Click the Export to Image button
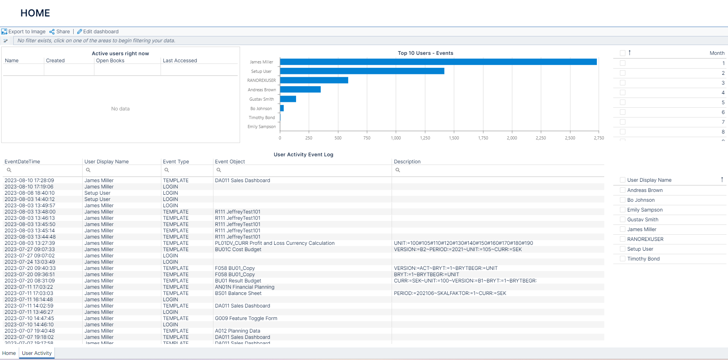coord(23,32)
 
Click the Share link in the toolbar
coord(60,32)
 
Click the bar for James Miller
coord(438,62)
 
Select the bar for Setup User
coord(362,71)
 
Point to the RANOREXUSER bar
coord(314,80)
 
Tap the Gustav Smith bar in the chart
coord(288,99)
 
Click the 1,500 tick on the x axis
coord(454,138)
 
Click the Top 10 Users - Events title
coord(425,53)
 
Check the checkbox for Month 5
coord(623,102)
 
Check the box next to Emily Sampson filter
coord(623,210)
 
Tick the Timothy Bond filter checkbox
coord(623,259)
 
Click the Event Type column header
coord(176,162)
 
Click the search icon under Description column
coord(397,170)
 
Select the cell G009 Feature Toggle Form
coord(246,318)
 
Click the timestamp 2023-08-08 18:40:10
coord(30,193)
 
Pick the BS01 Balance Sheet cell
coord(238,293)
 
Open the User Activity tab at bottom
coord(37,353)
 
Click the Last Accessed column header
coord(180,61)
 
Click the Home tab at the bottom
coord(9,353)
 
